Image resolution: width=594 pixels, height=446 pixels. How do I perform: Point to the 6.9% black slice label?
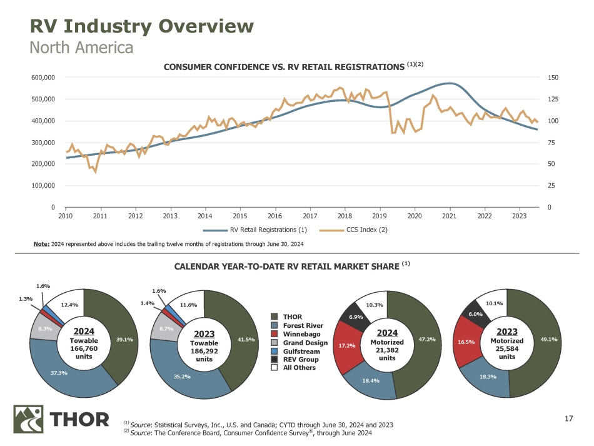pos(356,317)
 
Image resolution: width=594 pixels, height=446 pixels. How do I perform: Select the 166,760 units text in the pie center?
pos(84,349)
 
